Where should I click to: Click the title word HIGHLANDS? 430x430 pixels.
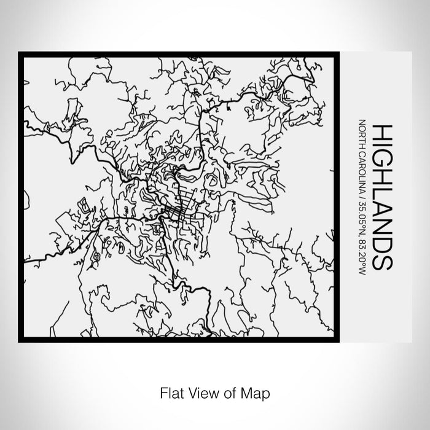click(x=381, y=197)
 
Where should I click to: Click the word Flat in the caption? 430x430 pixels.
click(x=170, y=391)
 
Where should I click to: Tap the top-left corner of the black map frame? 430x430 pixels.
click(x=20, y=54)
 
